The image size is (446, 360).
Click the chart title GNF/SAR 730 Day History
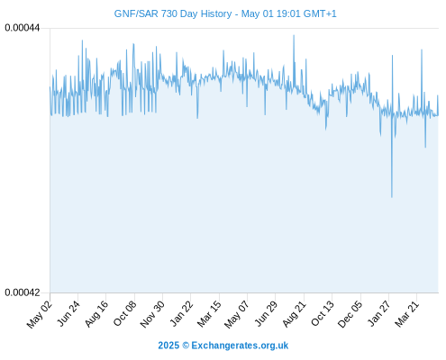[x=173, y=13]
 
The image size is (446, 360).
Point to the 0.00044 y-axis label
[x=23, y=28]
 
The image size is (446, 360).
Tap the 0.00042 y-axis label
[x=23, y=292]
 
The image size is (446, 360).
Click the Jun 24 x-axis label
[x=68, y=313]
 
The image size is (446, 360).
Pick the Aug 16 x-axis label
[x=96, y=314]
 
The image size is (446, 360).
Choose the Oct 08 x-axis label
[x=124, y=313]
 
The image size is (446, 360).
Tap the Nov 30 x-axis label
[x=152, y=314]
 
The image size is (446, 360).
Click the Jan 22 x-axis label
[x=181, y=313]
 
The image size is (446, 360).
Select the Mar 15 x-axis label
[x=209, y=314]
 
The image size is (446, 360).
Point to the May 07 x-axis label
[x=237, y=314]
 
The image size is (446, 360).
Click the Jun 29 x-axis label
[x=266, y=313]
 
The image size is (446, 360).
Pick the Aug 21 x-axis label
[x=294, y=314]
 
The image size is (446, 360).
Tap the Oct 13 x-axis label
[x=323, y=313]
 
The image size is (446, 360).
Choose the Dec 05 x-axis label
[x=350, y=314]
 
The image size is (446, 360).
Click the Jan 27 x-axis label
[x=378, y=313]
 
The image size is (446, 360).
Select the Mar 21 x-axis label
[x=406, y=314]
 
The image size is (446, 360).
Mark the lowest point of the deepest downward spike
[x=392, y=197]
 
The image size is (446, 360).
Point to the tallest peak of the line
[x=294, y=35]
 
